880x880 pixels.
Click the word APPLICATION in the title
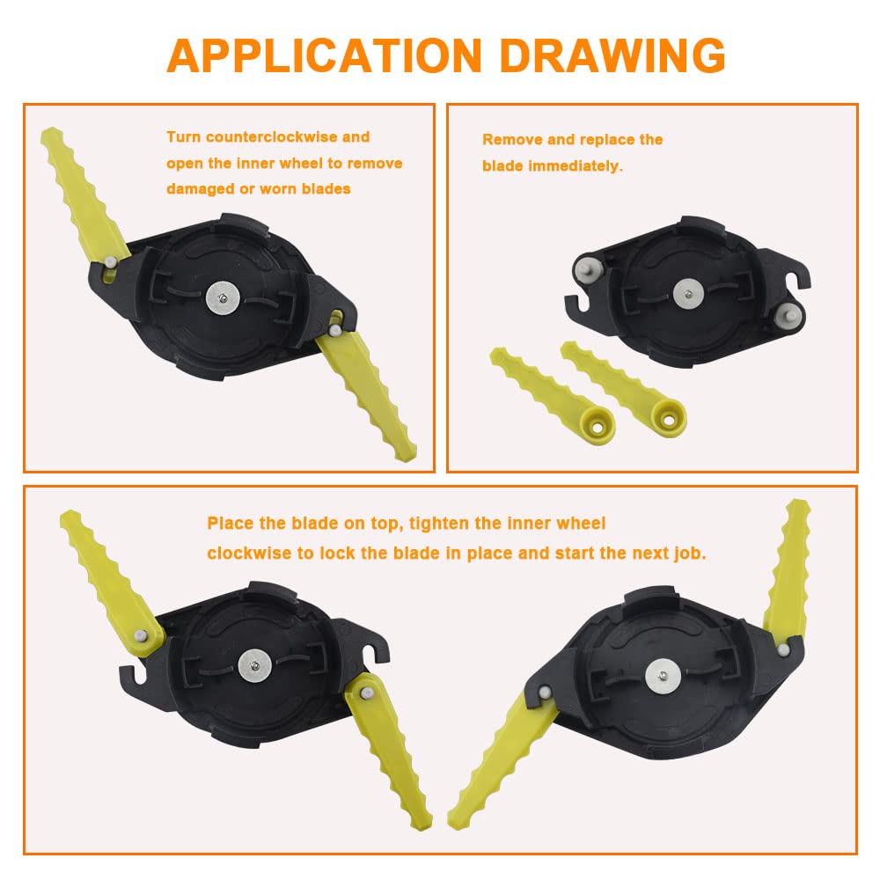tap(325, 55)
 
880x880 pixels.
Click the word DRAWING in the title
tap(612, 55)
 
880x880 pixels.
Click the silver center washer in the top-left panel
tap(223, 298)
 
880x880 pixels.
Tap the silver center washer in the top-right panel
tap(690, 294)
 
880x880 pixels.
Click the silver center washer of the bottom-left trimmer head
tap(255, 666)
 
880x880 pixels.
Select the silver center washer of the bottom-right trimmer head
tap(663, 675)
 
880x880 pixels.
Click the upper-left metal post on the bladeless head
tap(588, 268)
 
